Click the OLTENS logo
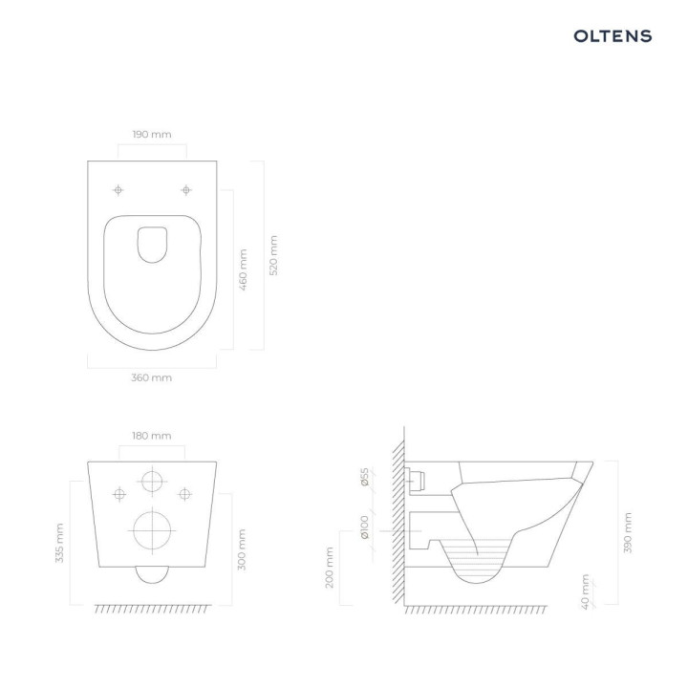(x=613, y=36)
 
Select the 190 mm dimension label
(x=152, y=135)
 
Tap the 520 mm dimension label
(x=274, y=256)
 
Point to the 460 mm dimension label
(x=243, y=270)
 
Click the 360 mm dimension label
(x=151, y=378)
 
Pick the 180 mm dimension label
(x=151, y=436)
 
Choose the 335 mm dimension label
(x=59, y=543)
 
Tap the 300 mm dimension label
(x=243, y=548)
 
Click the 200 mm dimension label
(x=330, y=567)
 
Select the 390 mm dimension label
(x=628, y=531)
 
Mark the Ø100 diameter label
(x=365, y=527)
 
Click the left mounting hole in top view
(x=118, y=189)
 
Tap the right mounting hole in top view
(x=185, y=189)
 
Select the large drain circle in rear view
(x=151, y=532)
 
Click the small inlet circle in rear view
(x=151, y=481)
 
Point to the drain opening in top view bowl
(x=151, y=244)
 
